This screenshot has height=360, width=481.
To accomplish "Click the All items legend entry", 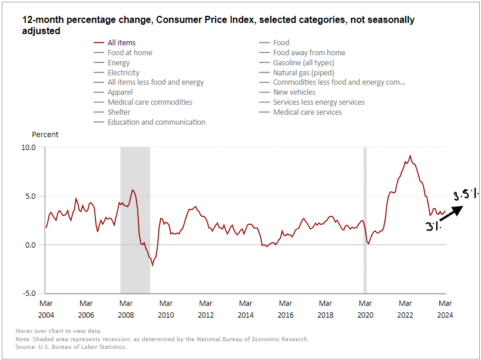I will click(121, 42).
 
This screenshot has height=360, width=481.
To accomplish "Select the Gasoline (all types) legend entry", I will click(303, 62).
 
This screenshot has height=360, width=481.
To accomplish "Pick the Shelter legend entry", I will click(118, 112).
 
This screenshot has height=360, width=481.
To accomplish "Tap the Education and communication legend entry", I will click(156, 122).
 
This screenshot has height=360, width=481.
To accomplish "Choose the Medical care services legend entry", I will click(307, 112).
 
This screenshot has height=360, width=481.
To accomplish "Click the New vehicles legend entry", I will click(294, 92).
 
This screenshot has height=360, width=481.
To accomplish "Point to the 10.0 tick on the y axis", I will click(29, 147).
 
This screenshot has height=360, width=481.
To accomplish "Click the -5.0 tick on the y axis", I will click(29, 293).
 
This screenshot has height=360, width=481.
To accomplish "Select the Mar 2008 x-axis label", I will click(125, 309).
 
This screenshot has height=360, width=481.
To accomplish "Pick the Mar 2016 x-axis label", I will click(286, 309).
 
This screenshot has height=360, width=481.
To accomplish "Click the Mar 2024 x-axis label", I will click(445, 309).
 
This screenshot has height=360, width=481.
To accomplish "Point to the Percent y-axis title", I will click(45, 134).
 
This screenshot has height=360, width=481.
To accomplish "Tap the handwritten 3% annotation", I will click(433, 226).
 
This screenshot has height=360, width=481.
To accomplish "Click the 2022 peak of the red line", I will click(410, 156).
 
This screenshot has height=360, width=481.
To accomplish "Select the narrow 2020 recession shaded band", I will click(365, 219).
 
